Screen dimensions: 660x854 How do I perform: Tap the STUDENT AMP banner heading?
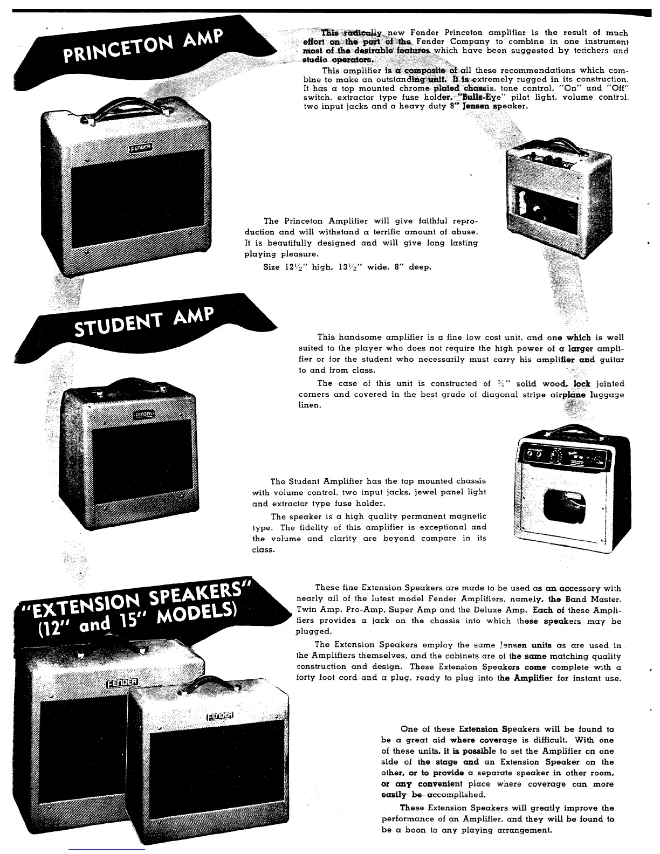143,321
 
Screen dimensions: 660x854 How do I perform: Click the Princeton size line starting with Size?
347,267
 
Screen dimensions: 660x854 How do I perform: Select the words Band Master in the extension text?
593,600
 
